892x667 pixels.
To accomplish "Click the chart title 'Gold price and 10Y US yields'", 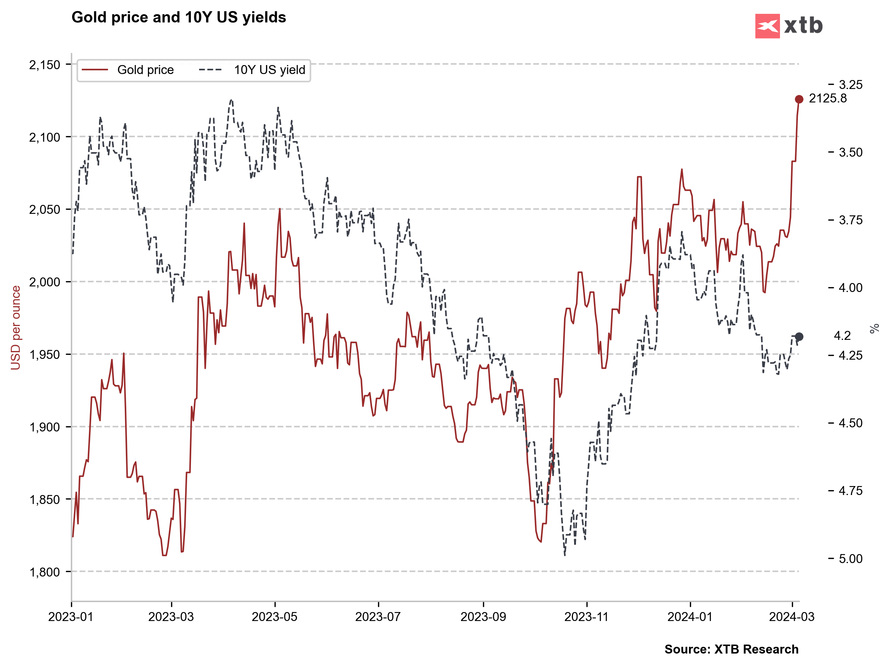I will (179, 17).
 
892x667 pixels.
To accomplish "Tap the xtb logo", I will (789, 26).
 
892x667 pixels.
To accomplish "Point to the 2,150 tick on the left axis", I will (44, 65).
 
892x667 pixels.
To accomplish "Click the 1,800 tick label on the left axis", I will (44, 572).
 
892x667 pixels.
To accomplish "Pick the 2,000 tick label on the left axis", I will (44, 282).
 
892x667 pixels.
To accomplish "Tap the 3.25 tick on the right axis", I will (851, 85).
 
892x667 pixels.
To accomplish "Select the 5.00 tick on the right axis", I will (851, 559).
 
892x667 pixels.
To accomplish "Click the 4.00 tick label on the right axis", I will (851, 288).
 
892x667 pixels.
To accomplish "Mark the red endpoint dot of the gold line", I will (799, 99).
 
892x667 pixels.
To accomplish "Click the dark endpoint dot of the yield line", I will (799, 336).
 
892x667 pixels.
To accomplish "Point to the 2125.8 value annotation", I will (827, 98).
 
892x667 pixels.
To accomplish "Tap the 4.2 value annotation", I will (842, 336).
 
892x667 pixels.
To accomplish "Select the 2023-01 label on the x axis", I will (71, 617).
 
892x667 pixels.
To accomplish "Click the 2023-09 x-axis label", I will (483, 617).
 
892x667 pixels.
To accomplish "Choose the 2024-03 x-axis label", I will (792, 617).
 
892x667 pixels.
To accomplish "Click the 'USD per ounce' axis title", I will (16, 328).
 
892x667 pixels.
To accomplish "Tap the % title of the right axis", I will (874, 329).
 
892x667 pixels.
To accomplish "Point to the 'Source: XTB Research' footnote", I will (731, 649).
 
